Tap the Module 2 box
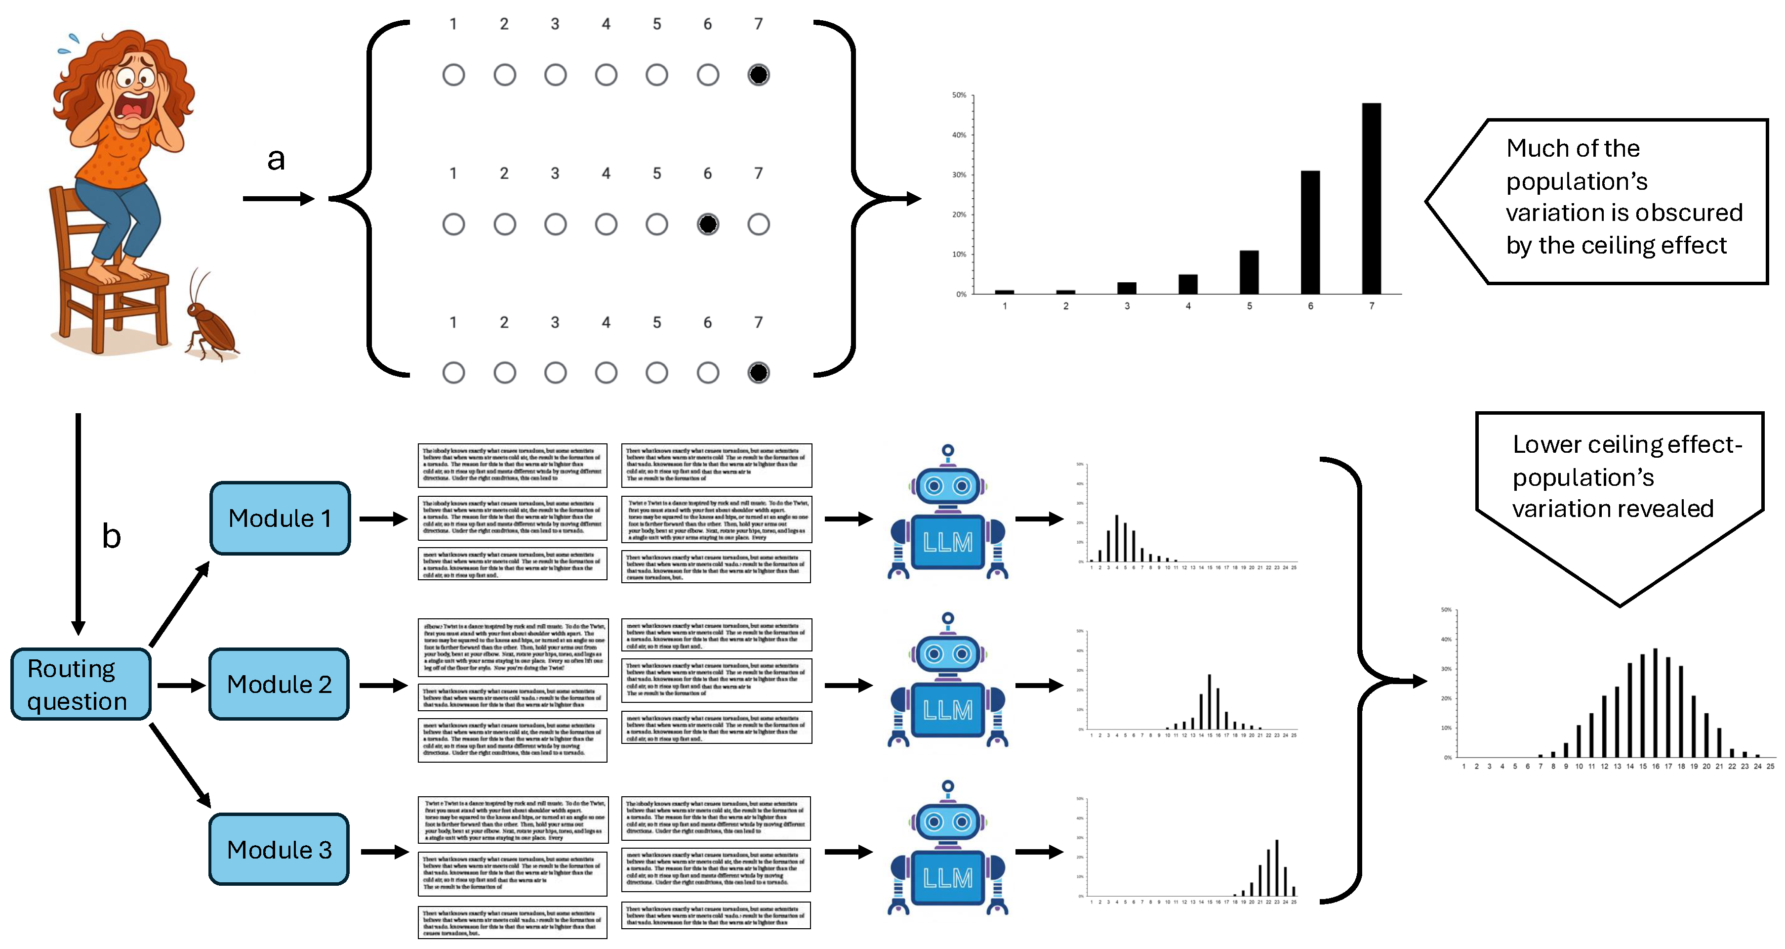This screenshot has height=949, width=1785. (279, 684)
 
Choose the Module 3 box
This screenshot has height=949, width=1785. (279, 849)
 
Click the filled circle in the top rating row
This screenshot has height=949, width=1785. (758, 75)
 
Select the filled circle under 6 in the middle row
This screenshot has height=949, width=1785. (707, 224)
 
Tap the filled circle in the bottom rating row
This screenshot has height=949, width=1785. (758, 373)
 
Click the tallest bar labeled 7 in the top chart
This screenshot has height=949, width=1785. (1371, 201)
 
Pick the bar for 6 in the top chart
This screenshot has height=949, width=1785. (1310, 232)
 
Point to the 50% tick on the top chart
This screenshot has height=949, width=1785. (960, 95)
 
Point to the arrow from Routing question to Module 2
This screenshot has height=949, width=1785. (180, 685)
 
